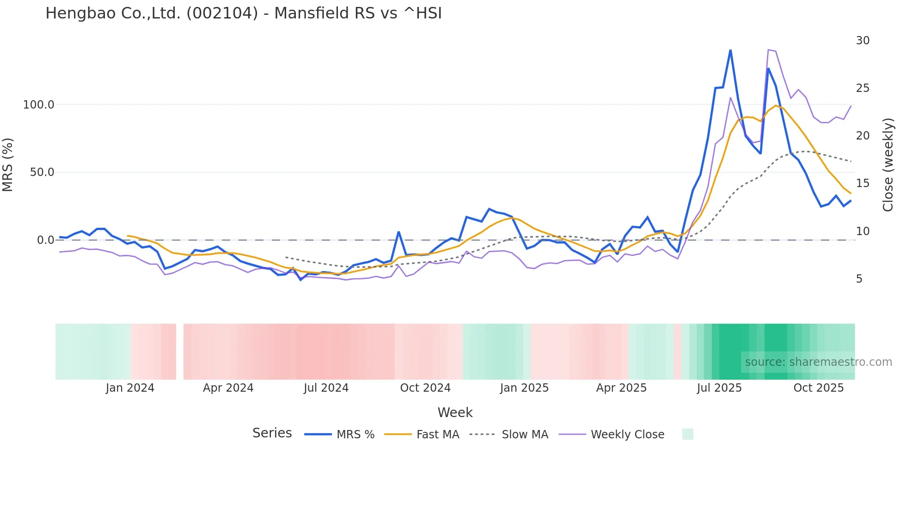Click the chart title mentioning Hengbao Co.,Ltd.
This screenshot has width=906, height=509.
coord(244,13)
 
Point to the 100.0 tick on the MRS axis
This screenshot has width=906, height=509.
coord(39,105)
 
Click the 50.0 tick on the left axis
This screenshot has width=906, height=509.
coord(42,172)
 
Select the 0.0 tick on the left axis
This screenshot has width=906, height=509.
coord(45,240)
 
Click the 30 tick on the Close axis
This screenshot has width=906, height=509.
coord(863,41)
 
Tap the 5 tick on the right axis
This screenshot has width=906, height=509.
coord(859,279)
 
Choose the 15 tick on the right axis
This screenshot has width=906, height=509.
coord(863,183)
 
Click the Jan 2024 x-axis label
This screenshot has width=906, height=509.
coord(130,388)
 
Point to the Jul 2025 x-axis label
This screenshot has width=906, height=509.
coord(719,388)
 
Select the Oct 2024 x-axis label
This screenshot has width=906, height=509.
coord(425,388)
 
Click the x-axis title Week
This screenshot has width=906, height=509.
coord(455,412)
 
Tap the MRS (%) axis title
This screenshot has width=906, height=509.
coord(8,165)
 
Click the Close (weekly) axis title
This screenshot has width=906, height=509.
coord(888,165)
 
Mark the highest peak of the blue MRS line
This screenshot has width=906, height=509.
coord(730,50)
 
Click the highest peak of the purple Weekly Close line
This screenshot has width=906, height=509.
coord(768,49)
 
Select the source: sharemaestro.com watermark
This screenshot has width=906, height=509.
coord(818,362)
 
